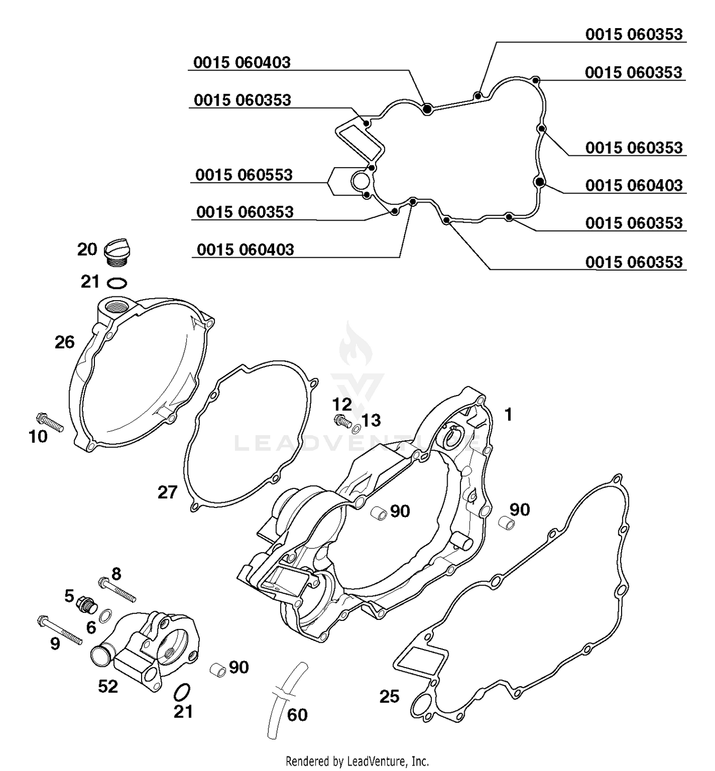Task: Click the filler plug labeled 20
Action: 117,253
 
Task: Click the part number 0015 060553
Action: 244,175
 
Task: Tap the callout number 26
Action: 64,342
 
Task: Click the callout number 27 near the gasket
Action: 167,492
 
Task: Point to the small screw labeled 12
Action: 340,420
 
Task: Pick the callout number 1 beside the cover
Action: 509,415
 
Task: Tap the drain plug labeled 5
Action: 85,605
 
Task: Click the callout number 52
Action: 108,686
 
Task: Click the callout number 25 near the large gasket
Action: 389,697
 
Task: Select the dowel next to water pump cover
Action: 217,669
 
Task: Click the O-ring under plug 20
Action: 117,284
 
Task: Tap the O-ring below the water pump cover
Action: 182,691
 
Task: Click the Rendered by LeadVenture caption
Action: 357,761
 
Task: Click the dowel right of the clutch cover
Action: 507,523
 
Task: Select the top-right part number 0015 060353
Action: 633,34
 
